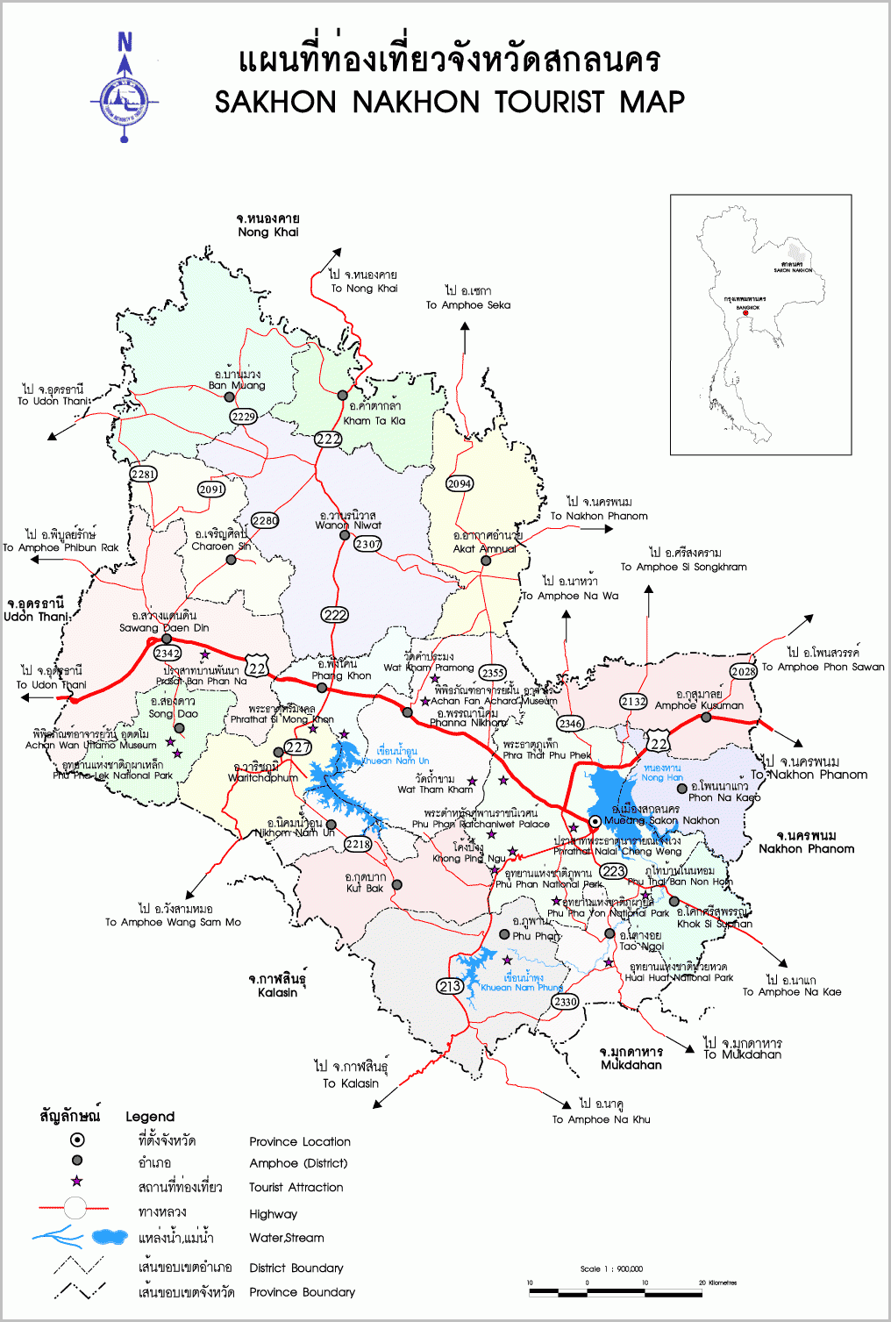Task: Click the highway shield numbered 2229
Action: click(x=243, y=417)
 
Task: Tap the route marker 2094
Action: click(x=460, y=483)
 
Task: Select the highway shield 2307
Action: click(x=367, y=544)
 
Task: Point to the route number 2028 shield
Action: click(x=743, y=671)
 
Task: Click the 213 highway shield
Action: click(x=450, y=986)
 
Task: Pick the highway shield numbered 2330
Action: click(x=565, y=1001)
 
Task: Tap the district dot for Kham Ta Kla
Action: click(x=343, y=396)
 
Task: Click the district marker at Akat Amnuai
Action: click(x=486, y=561)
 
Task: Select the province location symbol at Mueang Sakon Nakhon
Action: click(x=595, y=821)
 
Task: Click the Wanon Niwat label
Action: click(x=348, y=525)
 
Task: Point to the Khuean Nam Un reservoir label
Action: click(x=396, y=761)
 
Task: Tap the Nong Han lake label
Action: click(x=662, y=777)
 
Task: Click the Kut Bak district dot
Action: click(x=396, y=885)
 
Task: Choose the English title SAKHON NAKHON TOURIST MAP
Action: click(x=449, y=103)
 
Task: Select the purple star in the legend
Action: click(x=77, y=1182)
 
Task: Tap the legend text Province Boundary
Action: click(x=302, y=1292)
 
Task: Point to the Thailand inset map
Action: click(x=760, y=325)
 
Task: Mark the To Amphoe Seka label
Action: click(x=467, y=305)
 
